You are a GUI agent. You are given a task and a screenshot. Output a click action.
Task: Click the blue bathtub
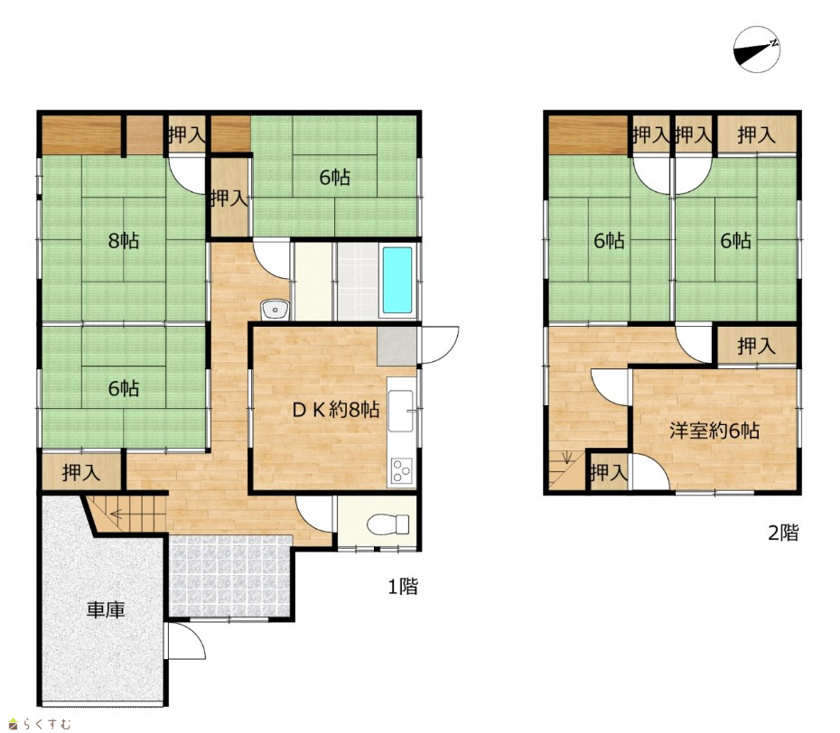coord(398,280)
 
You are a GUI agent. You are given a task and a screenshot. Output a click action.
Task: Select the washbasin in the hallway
coord(275,310)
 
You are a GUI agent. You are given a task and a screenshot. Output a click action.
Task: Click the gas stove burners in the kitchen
coord(401,471)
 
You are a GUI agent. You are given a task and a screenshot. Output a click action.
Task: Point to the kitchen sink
coord(401,411)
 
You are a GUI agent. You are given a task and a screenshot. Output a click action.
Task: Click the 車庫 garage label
coord(106,610)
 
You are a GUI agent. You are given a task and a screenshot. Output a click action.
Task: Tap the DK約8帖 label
coord(336,410)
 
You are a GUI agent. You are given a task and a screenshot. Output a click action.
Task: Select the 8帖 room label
coord(124,240)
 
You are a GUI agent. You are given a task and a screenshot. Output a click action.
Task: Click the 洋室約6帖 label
coord(714,431)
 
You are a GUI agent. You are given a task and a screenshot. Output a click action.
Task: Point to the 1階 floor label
coord(403,587)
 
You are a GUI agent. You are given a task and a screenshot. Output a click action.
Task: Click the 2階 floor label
coord(783,533)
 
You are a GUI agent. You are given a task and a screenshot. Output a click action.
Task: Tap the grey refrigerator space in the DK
coord(397,347)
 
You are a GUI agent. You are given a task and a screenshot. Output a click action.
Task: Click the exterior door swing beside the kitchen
coord(439,346)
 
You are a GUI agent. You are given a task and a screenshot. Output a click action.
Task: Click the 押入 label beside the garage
coord(81,473)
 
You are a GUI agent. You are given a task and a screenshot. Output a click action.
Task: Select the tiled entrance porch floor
coord(230,576)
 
